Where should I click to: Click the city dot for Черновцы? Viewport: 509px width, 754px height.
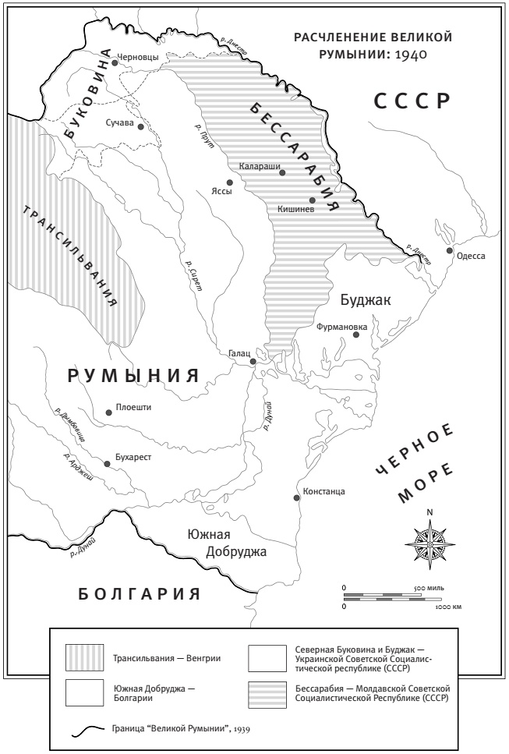point(115,63)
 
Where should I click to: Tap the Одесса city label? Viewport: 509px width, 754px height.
point(471,256)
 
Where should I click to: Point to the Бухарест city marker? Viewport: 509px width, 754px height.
point(108,464)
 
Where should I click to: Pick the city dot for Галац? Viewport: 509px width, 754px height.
point(253,362)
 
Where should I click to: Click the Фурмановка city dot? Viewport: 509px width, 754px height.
point(356,335)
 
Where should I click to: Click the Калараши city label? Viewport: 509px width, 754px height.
point(259,166)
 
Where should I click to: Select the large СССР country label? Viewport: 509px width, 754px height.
point(412,101)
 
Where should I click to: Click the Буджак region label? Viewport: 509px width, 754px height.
point(365,299)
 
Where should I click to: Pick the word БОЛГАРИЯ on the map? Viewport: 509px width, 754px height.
point(140,594)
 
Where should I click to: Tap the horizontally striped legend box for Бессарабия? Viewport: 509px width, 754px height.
point(267,694)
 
